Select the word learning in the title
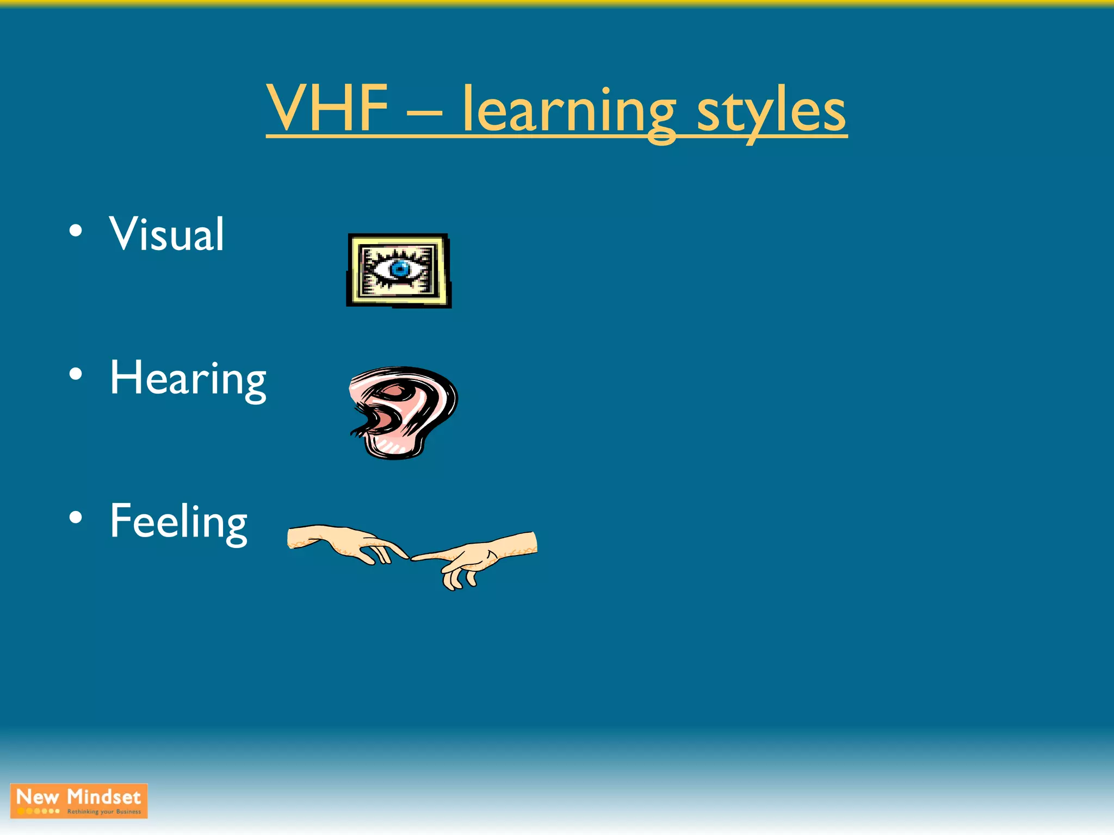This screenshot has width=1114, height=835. [x=569, y=111]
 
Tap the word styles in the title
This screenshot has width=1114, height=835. [x=771, y=111]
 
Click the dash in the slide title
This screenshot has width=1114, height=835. [x=424, y=114]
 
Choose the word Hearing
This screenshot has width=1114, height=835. [x=188, y=379]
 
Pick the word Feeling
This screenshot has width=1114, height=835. [x=178, y=522]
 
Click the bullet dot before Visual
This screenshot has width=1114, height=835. [x=76, y=230]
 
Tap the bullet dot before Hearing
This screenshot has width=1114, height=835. [x=76, y=374]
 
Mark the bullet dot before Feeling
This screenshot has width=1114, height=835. [x=76, y=517]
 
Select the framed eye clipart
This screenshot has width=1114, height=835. [x=399, y=271]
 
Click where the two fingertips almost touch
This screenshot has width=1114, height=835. [x=409, y=557]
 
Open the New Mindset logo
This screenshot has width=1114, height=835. [x=79, y=801]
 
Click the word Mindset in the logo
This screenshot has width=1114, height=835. [x=104, y=797]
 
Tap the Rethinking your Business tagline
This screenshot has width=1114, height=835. [x=104, y=812]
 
